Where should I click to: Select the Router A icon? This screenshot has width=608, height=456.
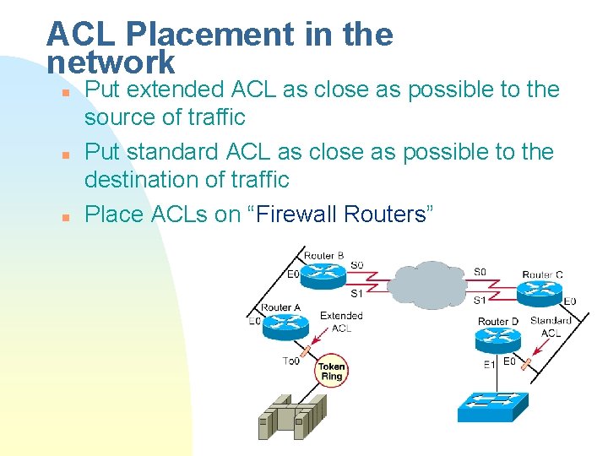(x=282, y=323)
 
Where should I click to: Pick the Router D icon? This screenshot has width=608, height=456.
(x=498, y=339)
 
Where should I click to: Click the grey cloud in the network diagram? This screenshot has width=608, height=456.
(x=431, y=282)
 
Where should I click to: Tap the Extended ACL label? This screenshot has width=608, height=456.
(x=341, y=322)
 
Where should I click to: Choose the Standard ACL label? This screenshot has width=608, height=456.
(x=550, y=327)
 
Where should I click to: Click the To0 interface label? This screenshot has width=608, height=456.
(x=290, y=361)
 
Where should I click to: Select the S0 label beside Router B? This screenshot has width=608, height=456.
(x=356, y=265)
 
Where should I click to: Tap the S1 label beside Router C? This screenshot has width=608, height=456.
(x=479, y=300)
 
